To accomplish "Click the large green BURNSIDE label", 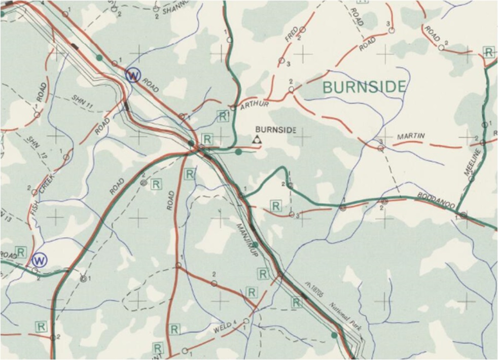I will [364, 87].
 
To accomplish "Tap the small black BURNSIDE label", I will [275, 130].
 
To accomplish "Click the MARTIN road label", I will [411, 136].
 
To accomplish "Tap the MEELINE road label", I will [472, 163].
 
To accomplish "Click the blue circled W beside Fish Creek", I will [40, 260].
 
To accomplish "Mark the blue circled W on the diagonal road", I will [133, 76].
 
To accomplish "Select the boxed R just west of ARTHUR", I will [222, 116].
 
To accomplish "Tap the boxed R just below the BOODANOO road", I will [276, 205].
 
